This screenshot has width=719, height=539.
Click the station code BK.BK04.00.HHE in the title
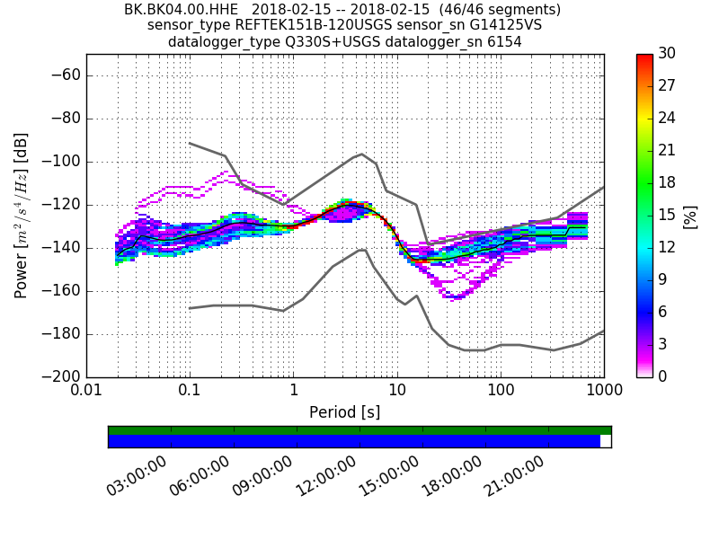(181, 10)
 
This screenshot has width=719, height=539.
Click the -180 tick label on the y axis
(58, 334)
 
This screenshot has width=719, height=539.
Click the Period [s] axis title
(345, 412)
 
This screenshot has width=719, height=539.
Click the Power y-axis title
(22, 216)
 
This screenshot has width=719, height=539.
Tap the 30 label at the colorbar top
(667, 54)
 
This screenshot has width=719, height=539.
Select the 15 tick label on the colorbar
(667, 215)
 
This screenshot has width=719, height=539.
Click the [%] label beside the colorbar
(690, 216)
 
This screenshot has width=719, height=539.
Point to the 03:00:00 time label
(137, 476)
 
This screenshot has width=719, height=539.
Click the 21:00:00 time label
(514, 476)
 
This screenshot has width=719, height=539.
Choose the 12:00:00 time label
(325, 476)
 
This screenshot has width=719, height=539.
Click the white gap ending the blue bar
(605, 441)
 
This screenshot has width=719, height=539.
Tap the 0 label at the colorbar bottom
(663, 376)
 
